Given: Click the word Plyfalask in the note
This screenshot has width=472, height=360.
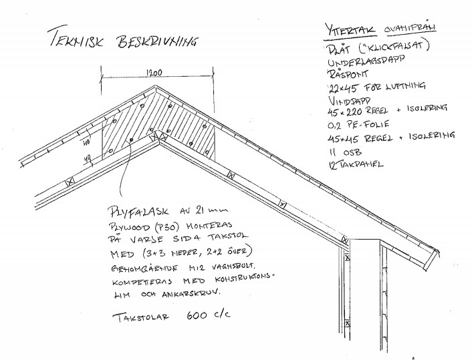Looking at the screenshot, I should click(x=143, y=212).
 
